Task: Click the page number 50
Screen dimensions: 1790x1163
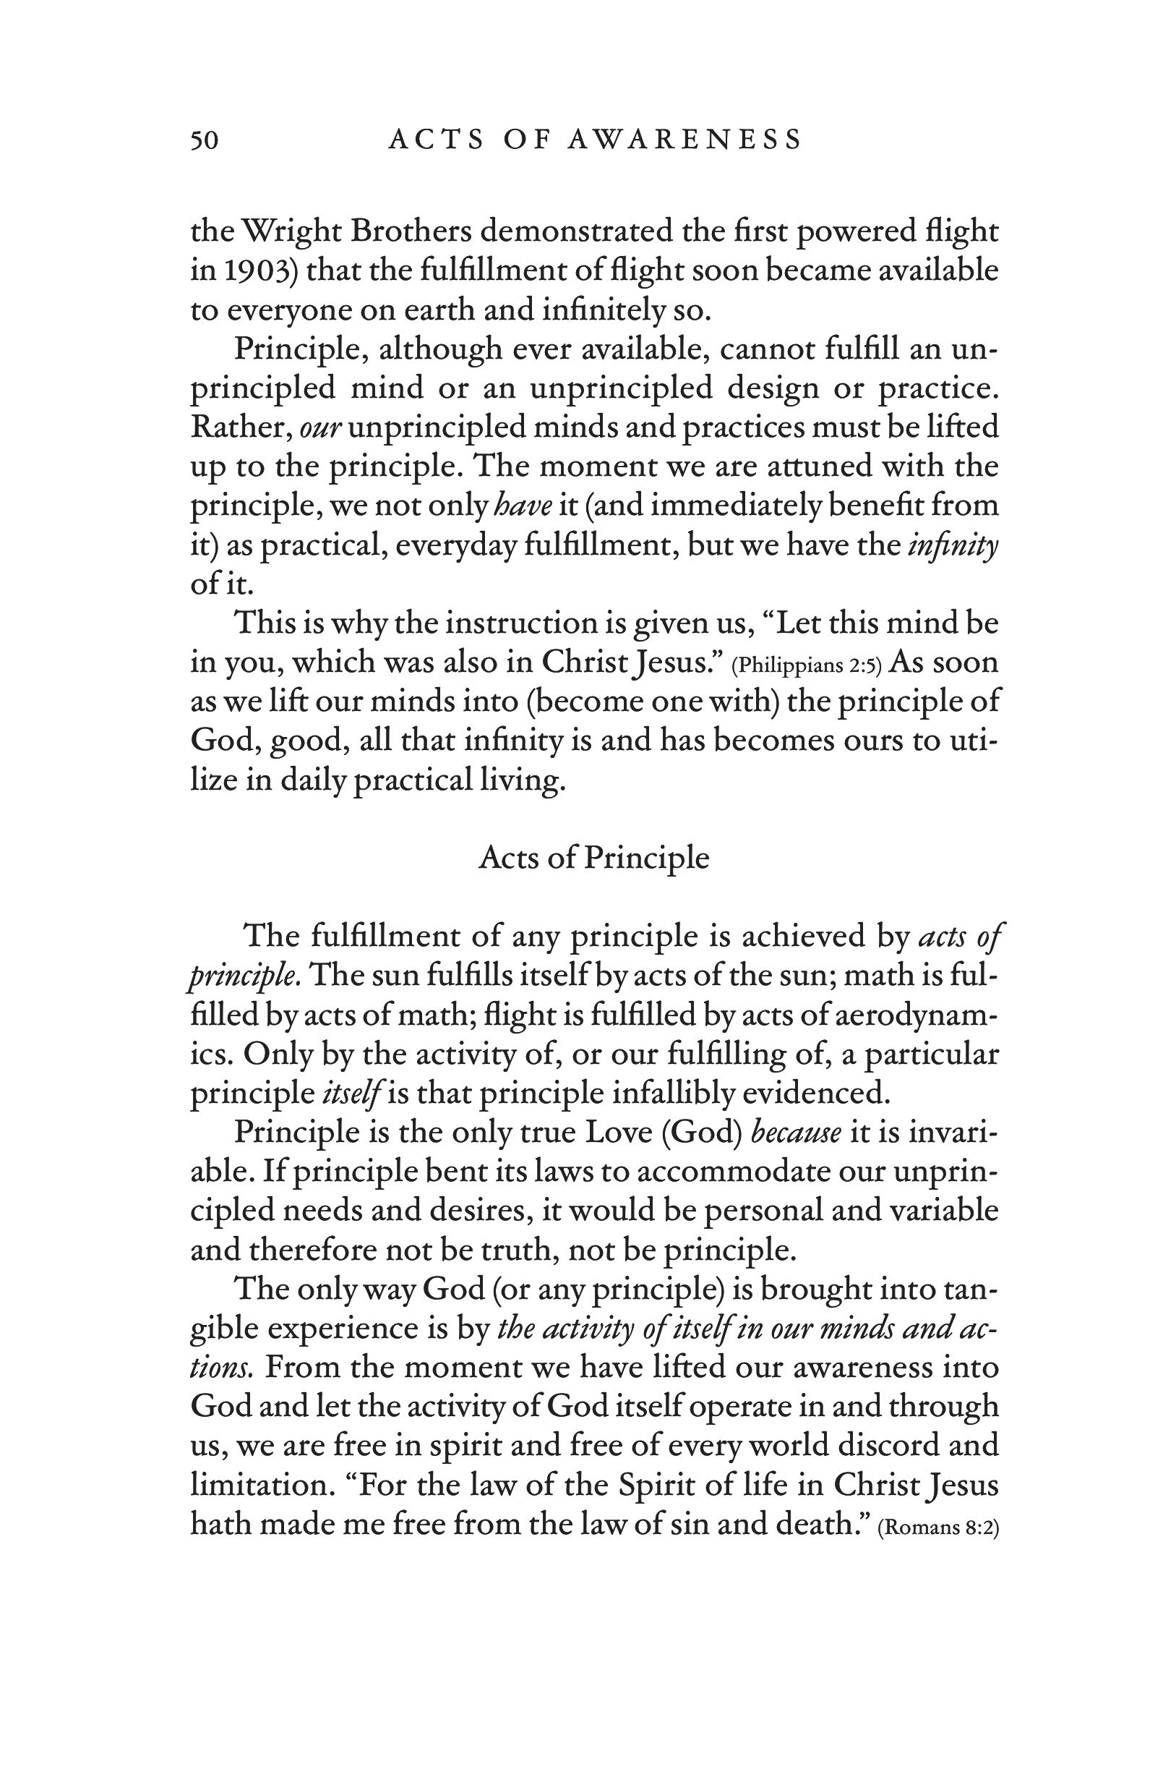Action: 204,140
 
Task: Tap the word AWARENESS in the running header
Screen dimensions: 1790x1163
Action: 684,140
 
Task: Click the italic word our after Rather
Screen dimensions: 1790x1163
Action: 321,428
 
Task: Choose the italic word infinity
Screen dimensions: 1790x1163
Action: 953,545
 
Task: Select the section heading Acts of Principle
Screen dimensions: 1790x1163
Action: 593,858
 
